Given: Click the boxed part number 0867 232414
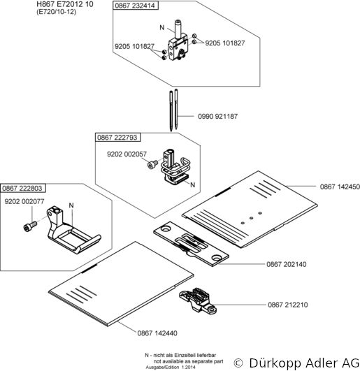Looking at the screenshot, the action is point(135,6).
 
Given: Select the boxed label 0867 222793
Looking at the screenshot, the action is point(117,137).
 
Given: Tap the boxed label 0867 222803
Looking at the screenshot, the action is point(22,188).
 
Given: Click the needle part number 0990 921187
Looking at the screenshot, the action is point(218,116).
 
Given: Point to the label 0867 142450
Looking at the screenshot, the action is point(340,187).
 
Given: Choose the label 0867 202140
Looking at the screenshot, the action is point(287,264).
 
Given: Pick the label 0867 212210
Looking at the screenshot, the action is point(288,305).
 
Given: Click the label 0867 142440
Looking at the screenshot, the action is point(157,333).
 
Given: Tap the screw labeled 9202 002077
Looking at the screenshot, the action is point(30,226).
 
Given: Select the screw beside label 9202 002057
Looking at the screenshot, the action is point(152,164).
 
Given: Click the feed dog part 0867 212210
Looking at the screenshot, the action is point(198,300).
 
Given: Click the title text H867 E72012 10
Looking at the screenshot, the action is point(65,4).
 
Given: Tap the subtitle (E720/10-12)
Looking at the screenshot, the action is point(57,12).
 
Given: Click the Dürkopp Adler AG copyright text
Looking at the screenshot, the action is point(296,363).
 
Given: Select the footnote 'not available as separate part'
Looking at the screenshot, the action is point(189,361).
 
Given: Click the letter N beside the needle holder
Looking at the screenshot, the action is point(162,27).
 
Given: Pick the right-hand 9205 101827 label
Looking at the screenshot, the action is point(225,43).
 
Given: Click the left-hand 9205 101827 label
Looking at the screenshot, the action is point(134,46).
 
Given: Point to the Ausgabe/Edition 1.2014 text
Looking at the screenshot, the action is point(171,368).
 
